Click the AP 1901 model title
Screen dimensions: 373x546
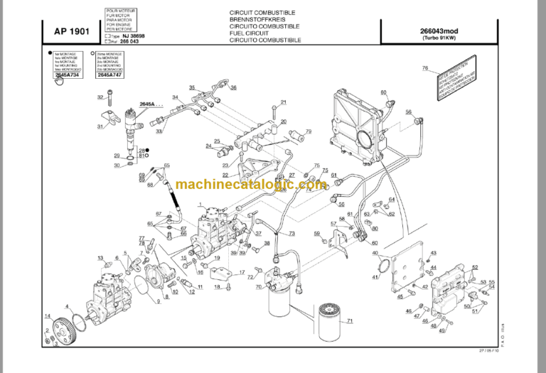(x=70, y=32)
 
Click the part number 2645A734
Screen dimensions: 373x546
(x=68, y=73)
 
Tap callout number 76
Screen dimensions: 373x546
(x=425, y=68)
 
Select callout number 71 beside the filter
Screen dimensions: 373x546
(x=349, y=321)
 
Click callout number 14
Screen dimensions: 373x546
(x=48, y=315)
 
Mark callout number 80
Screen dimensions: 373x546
(x=383, y=92)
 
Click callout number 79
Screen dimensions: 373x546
(x=309, y=131)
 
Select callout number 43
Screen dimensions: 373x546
(x=434, y=253)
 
